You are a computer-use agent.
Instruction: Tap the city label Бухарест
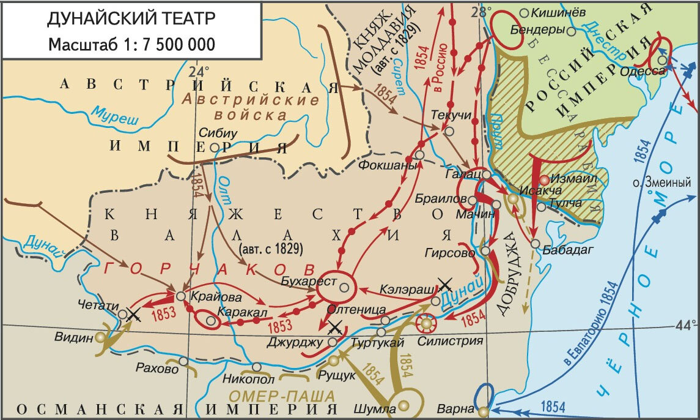[303, 280]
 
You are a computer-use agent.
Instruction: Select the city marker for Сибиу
[215, 147]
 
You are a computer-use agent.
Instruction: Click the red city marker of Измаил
[544, 181]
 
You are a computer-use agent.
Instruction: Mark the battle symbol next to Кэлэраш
[446, 284]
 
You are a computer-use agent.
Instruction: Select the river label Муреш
[115, 114]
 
